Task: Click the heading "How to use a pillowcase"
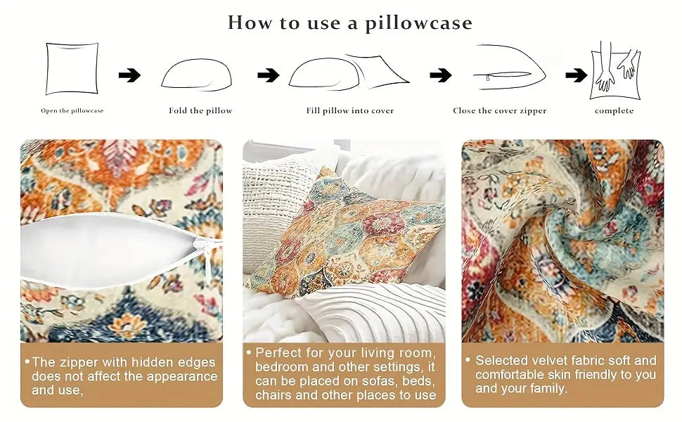349,23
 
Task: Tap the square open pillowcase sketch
72,68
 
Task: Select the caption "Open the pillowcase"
72,110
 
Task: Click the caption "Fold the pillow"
200,110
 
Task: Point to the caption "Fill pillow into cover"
349,110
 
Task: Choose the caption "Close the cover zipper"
500,110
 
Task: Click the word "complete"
614,111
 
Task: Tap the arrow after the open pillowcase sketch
129,75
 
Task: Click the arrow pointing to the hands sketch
577,75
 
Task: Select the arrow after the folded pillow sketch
269,75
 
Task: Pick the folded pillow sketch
197,75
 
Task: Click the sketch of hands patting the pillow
615,71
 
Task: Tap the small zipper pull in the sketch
488,78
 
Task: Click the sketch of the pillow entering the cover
349,72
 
